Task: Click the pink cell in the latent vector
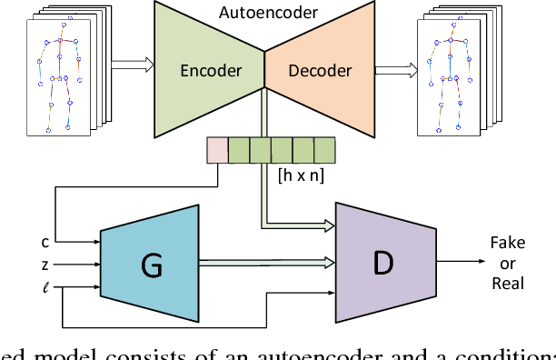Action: (x=216, y=148)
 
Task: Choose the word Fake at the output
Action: (x=507, y=244)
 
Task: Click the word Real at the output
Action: (x=507, y=283)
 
